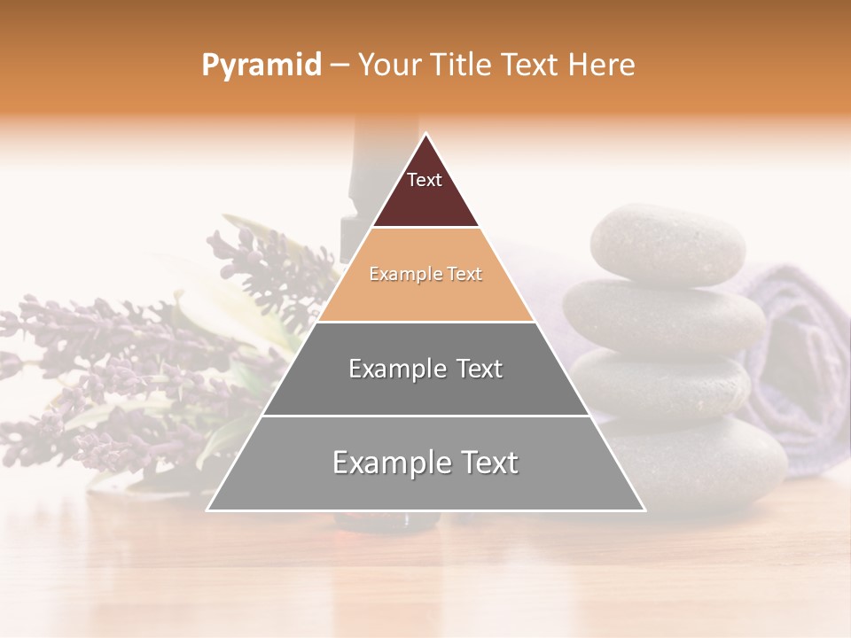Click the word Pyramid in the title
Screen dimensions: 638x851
pyautogui.click(x=261, y=66)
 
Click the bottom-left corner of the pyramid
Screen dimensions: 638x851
pyautogui.click(x=209, y=509)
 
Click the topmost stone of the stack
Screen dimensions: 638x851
pyautogui.click(x=667, y=243)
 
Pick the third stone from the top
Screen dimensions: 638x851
pyautogui.click(x=674, y=385)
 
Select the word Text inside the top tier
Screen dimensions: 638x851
pyautogui.click(x=424, y=180)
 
